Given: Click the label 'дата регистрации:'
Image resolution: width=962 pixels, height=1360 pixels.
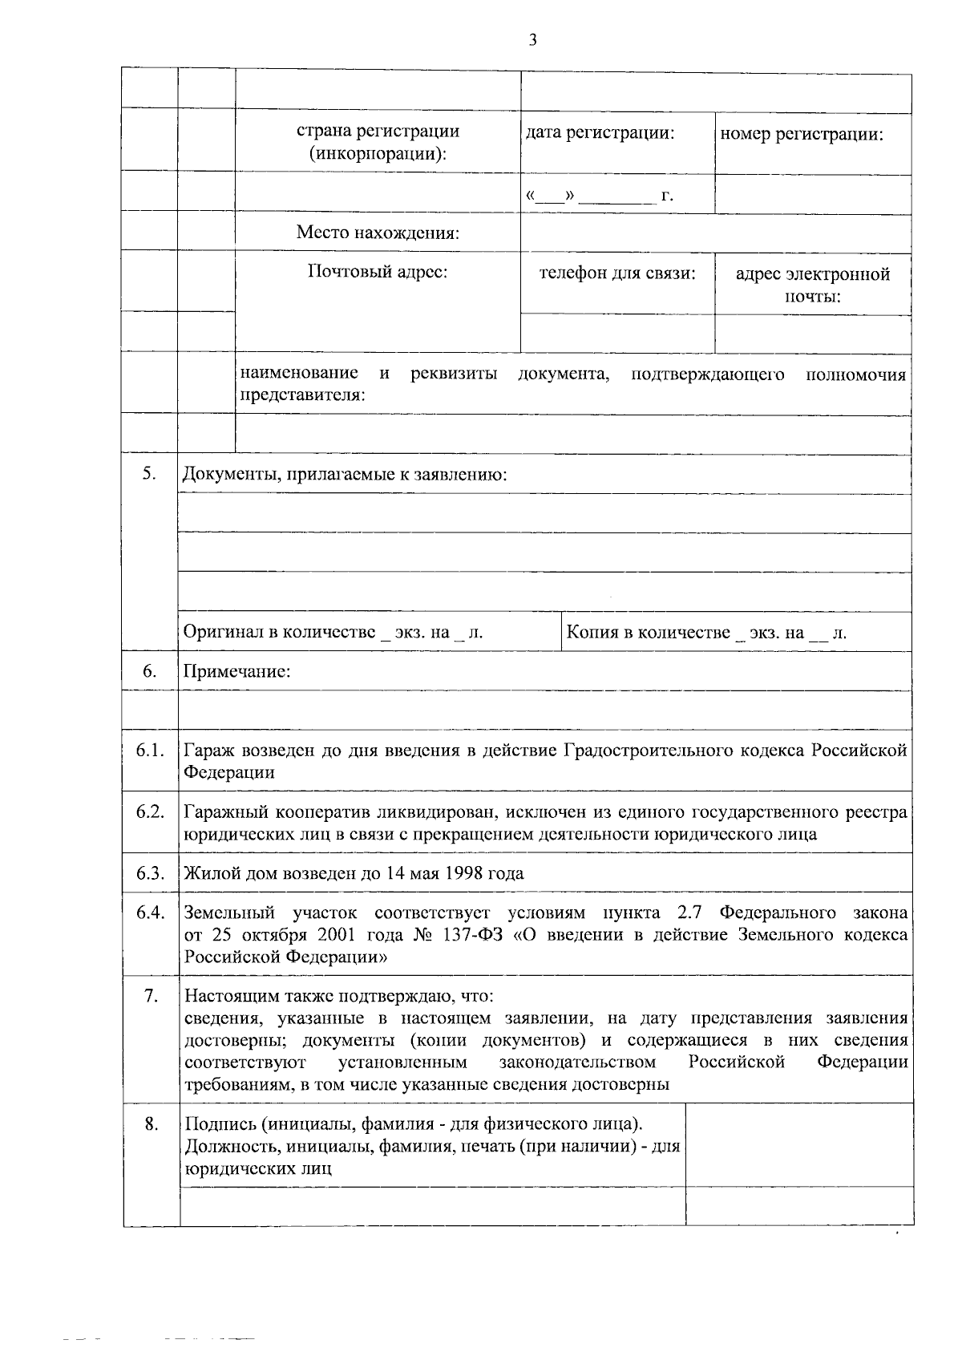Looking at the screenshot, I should coord(599,133).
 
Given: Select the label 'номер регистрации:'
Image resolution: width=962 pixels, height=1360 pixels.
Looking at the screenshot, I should coord(802,134).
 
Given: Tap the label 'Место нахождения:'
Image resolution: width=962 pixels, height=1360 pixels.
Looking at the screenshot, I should coord(378,233).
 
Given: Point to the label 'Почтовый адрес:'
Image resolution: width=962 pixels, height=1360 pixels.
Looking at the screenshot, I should coord(378,272).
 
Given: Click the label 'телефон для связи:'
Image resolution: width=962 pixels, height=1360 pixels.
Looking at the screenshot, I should coord(617,273).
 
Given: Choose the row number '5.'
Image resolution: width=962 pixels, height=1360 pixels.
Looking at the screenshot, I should coord(149,473).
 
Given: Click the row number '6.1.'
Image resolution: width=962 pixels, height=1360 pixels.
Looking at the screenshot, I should coord(150,751).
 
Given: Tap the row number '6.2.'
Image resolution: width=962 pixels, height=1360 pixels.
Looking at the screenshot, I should coord(150,812).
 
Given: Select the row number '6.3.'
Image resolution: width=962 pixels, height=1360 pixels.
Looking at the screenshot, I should coord(150,872).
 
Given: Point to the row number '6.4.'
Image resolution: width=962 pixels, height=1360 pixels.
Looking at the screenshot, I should coord(150,913).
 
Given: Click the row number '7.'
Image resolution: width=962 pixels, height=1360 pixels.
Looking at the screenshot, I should coord(150,996).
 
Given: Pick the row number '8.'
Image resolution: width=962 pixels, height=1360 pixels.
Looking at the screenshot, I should coord(150,1123).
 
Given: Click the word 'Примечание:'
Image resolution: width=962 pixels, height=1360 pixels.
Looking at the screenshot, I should coord(236,671).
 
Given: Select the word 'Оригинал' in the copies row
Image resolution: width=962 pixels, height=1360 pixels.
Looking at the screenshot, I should coord(223,632).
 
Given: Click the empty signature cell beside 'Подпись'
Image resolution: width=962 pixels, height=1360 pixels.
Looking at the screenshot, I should coord(799,1144).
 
